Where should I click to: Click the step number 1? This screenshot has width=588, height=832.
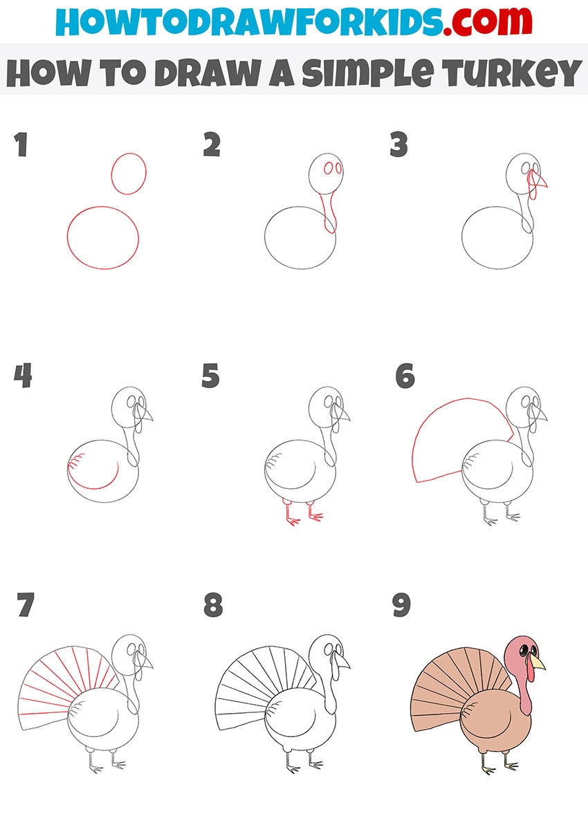click(x=21, y=145)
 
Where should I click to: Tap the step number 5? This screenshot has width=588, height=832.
click(x=210, y=376)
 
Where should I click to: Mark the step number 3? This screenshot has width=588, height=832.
click(x=399, y=145)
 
